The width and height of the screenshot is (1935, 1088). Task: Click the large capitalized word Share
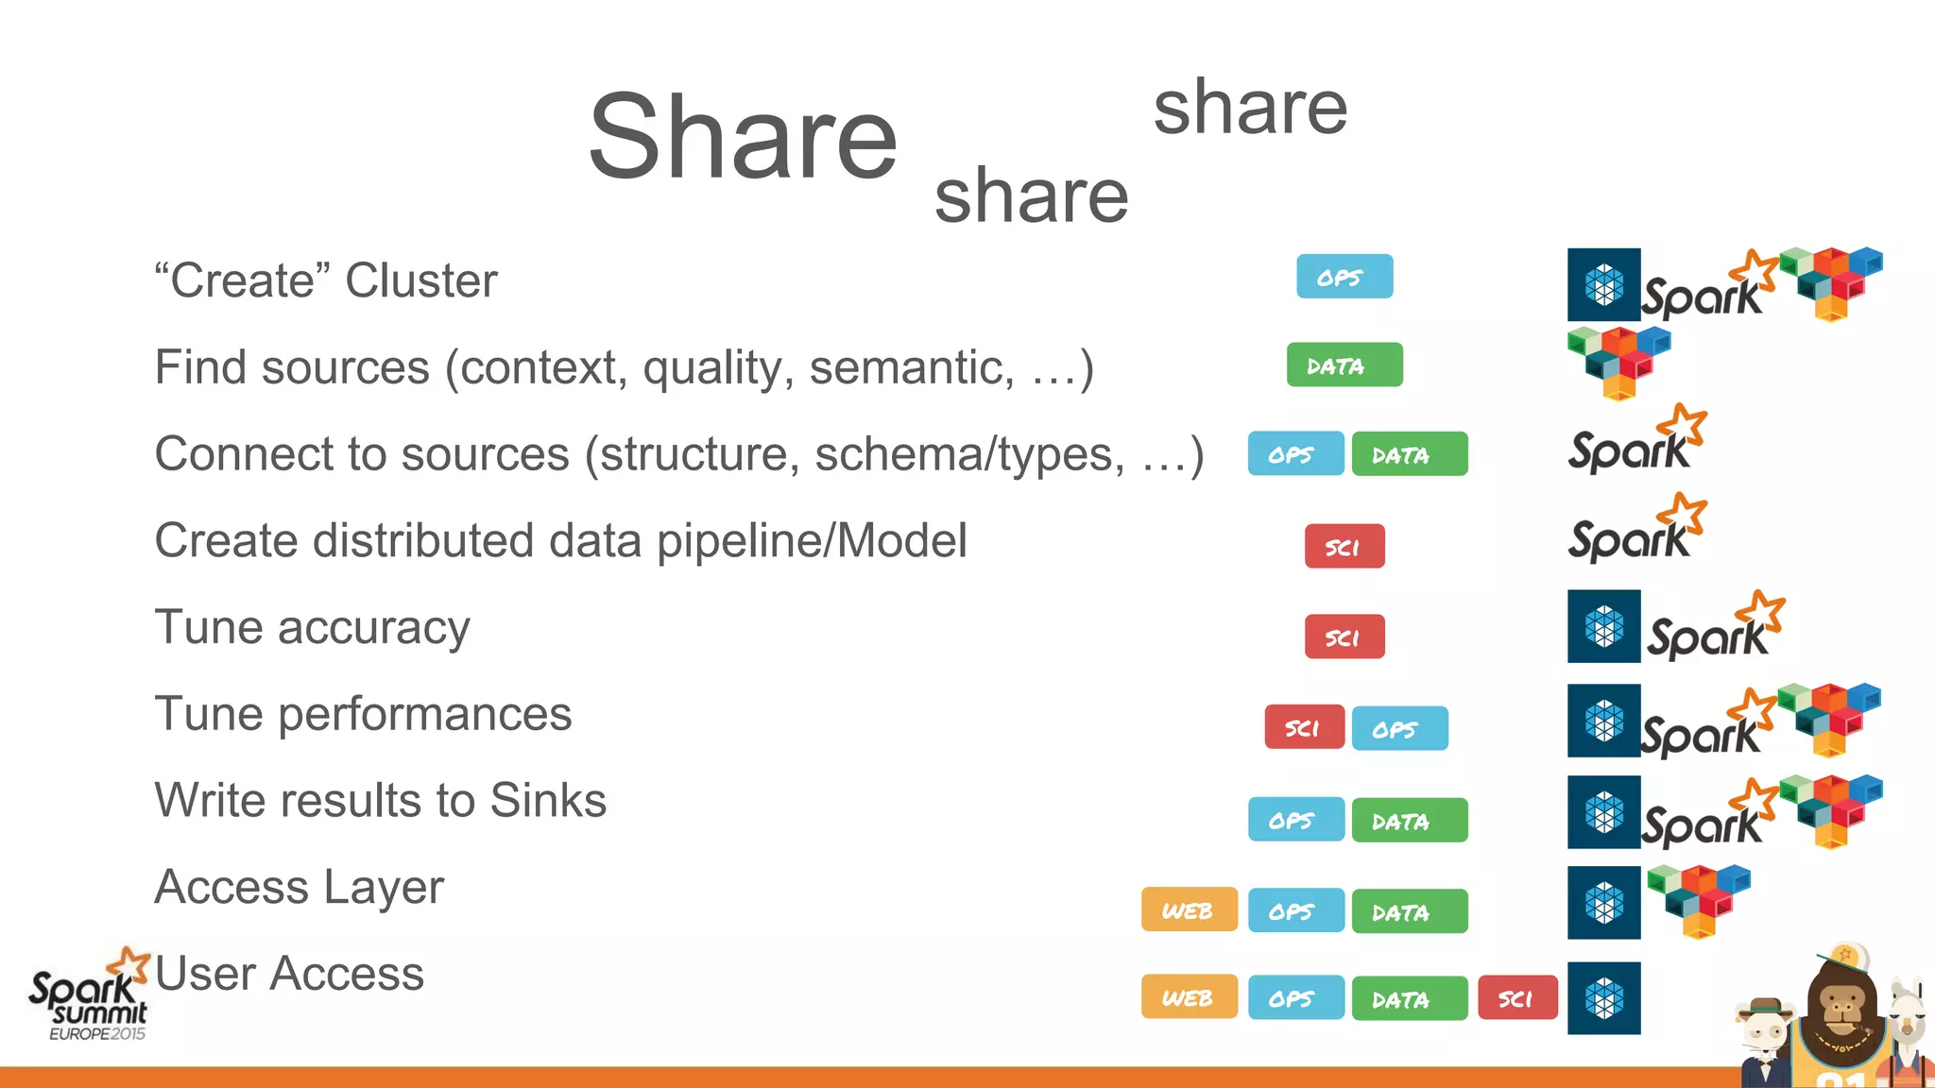[x=743, y=137]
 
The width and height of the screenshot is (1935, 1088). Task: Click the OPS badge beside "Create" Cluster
[x=1344, y=277]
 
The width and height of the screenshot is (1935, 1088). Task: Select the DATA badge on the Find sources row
[x=1344, y=365]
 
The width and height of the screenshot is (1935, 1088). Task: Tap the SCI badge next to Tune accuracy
[x=1344, y=637]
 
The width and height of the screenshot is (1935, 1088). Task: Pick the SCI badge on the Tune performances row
[x=1304, y=727]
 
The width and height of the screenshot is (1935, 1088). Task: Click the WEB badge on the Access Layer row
[x=1189, y=910]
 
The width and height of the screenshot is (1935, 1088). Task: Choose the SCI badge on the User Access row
[x=1516, y=998]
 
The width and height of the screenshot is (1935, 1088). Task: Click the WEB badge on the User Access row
[x=1189, y=998]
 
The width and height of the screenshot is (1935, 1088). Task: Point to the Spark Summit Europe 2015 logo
[x=90, y=996]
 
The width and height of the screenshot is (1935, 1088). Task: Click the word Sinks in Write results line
[x=548, y=801]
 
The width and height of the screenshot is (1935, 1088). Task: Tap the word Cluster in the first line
[x=421, y=280]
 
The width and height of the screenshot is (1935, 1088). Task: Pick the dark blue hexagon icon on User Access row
[x=1603, y=998]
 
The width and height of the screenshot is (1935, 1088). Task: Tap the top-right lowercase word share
[x=1249, y=108]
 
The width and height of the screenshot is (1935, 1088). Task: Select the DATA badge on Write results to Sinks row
[x=1409, y=821]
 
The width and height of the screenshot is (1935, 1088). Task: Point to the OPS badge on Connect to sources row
[x=1294, y=454]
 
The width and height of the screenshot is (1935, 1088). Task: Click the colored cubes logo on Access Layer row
[x=1698, y=900]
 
